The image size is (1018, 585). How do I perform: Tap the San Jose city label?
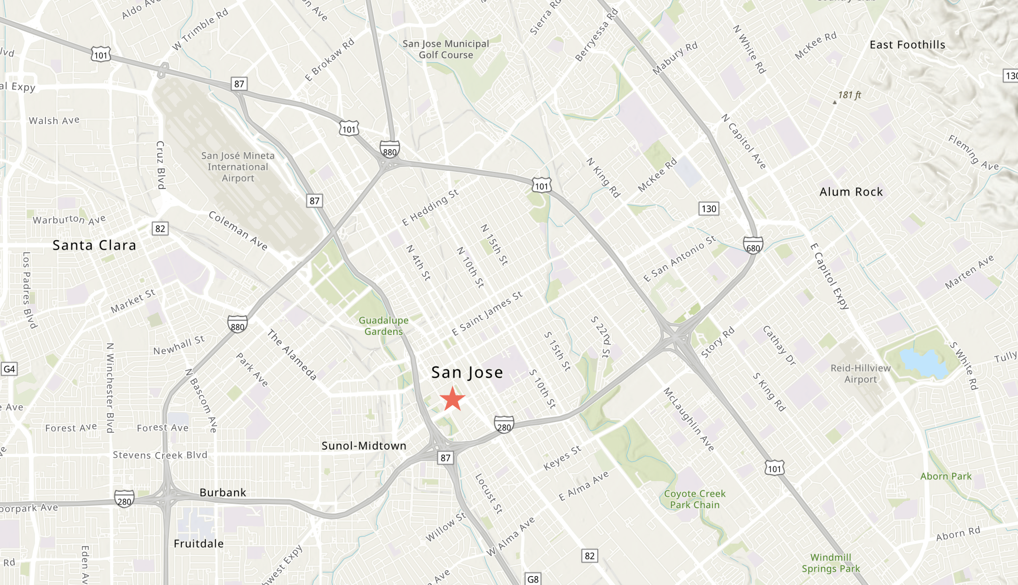(467, 373)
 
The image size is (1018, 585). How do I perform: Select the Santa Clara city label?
(94, 245)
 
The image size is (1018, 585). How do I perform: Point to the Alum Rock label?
(851, 192)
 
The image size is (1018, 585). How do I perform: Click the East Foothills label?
(907, 45)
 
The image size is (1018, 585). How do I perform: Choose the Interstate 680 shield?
(753, 245)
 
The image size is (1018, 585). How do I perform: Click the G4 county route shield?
(9, 369)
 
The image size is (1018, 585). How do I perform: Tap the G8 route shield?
(533, 579)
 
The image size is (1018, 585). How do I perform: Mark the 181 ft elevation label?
(849, 95)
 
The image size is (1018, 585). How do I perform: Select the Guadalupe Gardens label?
(383, 326)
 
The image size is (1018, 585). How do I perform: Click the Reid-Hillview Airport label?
(860, 374)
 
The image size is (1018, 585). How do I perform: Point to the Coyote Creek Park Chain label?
(695, 499)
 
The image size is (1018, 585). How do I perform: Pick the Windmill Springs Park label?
(831, 563)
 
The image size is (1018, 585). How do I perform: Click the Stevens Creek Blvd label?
(160, 455)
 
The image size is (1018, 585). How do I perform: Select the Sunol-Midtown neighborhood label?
(364, 446)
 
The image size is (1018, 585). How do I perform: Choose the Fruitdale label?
(199, 544)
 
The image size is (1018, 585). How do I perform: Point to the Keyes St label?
(562, 458)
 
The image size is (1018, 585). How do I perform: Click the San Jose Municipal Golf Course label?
(446, 49)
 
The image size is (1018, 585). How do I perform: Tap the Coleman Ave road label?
(238, 231)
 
